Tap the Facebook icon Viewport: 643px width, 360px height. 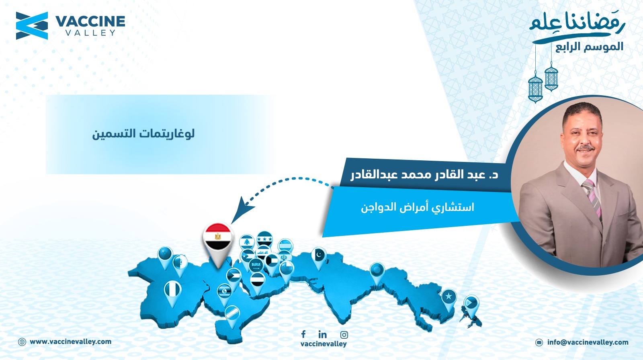point(303,334)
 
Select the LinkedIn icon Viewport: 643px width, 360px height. point(323,334)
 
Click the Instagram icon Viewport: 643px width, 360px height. point(344,335)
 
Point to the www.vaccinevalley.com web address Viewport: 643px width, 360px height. point(71,342)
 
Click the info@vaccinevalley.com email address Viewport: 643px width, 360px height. point(588,342)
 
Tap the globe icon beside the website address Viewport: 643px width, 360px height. point(22,342)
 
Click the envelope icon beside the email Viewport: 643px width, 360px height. point(539,342)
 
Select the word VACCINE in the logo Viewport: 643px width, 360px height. point(90,22)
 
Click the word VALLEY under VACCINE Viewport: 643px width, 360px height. point(90,33)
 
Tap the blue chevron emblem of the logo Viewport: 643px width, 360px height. point(32,26)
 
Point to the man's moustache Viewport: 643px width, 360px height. point(585,148)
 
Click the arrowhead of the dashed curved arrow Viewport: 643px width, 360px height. point(241,210)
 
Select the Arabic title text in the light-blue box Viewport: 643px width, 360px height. point(143,134)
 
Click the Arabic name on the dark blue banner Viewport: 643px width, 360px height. point(424,174)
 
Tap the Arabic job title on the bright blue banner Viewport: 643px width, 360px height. point(418,207)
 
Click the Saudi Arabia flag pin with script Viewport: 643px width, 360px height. point(256,265)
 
